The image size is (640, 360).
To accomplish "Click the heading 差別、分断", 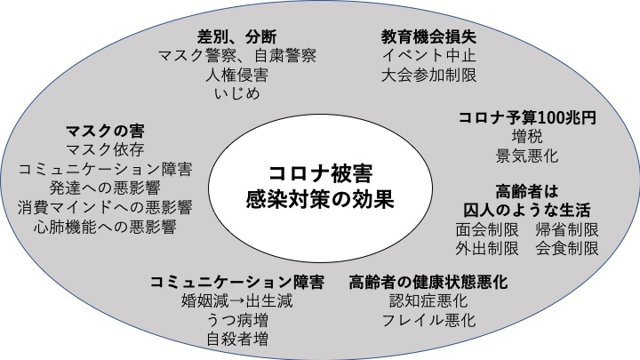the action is [236, 36].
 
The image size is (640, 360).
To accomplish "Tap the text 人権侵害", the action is [236, 75].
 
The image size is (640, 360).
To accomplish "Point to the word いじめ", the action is [236, 94].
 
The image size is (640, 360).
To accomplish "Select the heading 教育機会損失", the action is [428, 36].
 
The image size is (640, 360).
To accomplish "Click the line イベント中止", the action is [428, 56].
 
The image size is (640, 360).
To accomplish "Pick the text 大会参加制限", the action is [428, 75].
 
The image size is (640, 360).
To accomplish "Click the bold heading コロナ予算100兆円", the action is [526, 116].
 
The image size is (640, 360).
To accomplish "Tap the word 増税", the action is [526, 136].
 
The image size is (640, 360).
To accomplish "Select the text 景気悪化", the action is [526, 156].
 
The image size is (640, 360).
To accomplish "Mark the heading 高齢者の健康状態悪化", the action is [428, 282].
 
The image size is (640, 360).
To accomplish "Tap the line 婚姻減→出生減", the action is [236, 300].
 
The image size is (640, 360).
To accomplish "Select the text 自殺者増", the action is [236, 339].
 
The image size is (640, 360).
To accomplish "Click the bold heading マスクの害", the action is [105, 129].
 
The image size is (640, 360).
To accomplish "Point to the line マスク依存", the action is [105, 148].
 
